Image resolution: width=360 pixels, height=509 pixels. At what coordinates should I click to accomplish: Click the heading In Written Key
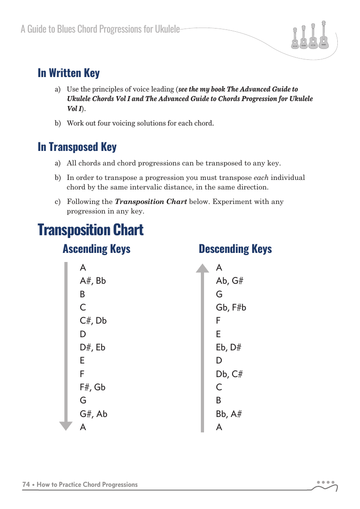(68, 73)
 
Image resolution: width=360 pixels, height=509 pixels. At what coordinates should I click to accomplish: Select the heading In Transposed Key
(77, 147)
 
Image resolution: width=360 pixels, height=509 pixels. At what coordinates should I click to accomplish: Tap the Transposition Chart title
(91, 230)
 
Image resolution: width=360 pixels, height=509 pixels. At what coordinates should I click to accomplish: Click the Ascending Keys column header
(96, 249)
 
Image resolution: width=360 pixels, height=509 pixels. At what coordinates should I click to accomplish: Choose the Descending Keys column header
(235, 249)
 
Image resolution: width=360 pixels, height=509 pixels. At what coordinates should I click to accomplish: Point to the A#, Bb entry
(92, 281)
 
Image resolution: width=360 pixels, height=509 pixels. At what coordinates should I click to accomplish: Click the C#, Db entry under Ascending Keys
(93, 320)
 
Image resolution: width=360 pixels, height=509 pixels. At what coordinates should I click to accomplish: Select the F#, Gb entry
(92, 387)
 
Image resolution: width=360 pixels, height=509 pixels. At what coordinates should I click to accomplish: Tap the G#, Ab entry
(93, 414)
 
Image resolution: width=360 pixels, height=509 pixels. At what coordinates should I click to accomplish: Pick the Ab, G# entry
(230, 281)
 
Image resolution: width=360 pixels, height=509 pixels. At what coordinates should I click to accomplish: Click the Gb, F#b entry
(231, 307)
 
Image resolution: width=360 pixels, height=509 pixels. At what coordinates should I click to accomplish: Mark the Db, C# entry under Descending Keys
(229, 374)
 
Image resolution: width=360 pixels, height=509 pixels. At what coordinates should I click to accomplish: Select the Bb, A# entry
(229, 414)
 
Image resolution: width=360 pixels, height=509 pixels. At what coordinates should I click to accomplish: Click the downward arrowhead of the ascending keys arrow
(66, 426)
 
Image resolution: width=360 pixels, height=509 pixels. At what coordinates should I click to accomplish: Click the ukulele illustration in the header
(310, 35)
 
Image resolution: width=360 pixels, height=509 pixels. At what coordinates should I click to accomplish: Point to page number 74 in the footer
(26, 485)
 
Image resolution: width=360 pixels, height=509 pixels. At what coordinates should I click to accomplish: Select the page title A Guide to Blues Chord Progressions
(100, 29)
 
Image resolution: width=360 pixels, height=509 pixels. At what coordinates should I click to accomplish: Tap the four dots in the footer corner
(326, 482)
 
